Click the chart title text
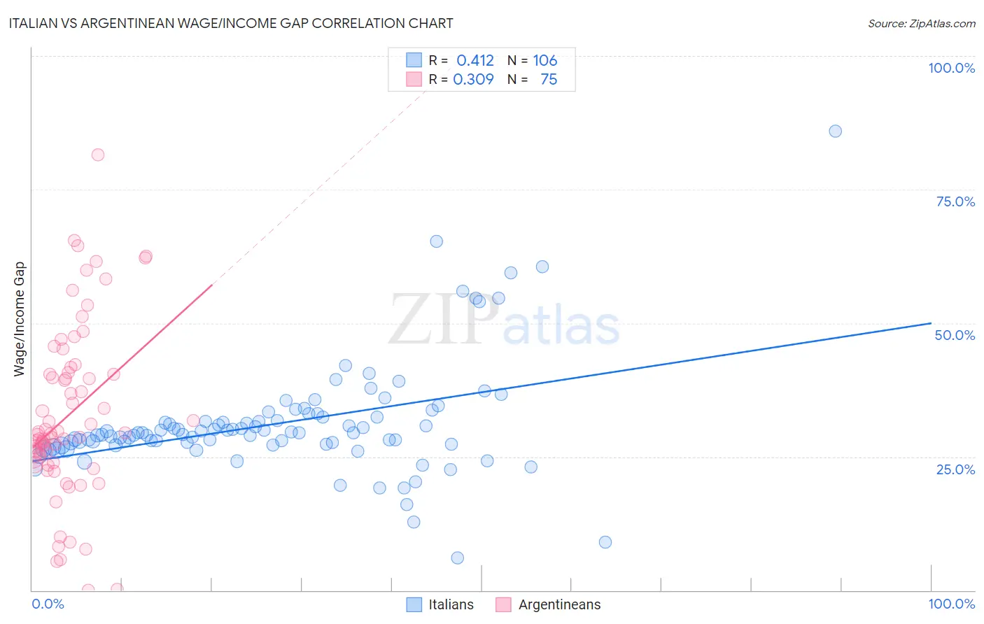click(x=232, y=23)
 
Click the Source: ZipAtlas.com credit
click(x=921, y=23)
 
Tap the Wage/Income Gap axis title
click(x=20, y=319)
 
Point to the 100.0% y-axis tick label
click(x=951, y=68)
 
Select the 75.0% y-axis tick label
click(x=955, y=201)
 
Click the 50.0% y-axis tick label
click(x=955, y=335)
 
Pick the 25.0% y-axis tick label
click(x=955, y=469)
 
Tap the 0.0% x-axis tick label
click(x=48, y=604)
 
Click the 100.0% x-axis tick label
click(x=951, y=604)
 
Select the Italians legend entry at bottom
click(x=440, y=604)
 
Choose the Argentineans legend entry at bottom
click(x=548, y=604)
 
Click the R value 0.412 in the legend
click(x=475, y=60)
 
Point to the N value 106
click(x=545, y=60)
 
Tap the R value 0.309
click(x=474, y=79)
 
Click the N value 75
click(x=549, y=79)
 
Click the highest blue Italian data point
click(x=835, y=131)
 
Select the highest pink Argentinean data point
click(x=98, y=155)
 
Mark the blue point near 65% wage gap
click(x=436, y=241)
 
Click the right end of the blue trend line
click(x=931, y=323)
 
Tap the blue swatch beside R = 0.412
click(x=414, y=60)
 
